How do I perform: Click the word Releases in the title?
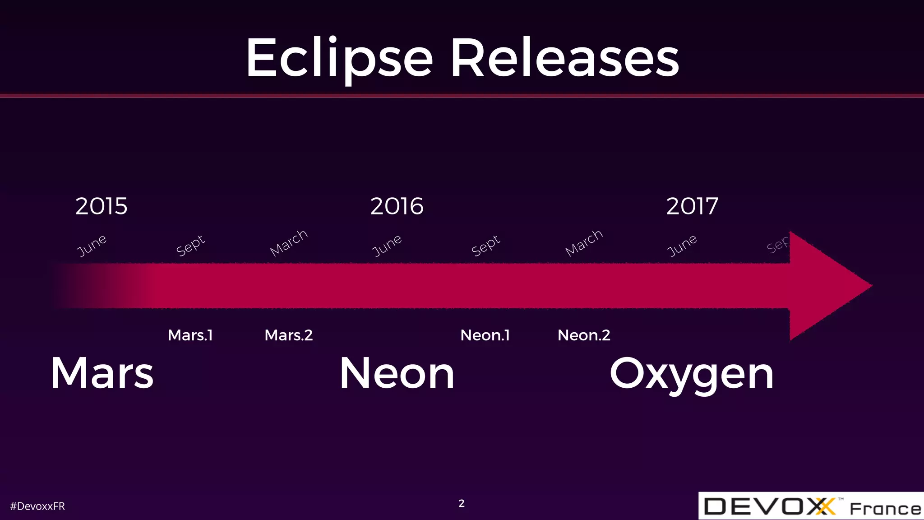coord(565,59)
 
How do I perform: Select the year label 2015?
coord(102,206)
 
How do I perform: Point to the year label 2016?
coord(397,206)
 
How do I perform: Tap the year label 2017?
coord(692,206)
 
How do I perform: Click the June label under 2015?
coord(92,245)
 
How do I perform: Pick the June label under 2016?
coord(387,245)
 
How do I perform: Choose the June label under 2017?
coord(682,245)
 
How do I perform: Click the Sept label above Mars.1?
coord(190,245)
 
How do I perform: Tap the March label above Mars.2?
coord(289,242)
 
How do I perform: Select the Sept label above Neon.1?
coord(486,245)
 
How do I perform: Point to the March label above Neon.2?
coord(584,242)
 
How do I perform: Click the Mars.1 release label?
coord(190,335)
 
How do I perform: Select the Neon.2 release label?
coord(584,335)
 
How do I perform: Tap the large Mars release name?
coord(102,373)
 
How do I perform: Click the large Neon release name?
coord(397,373)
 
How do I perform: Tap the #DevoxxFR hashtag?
coord(37,506)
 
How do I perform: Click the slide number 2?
coord(462,503)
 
